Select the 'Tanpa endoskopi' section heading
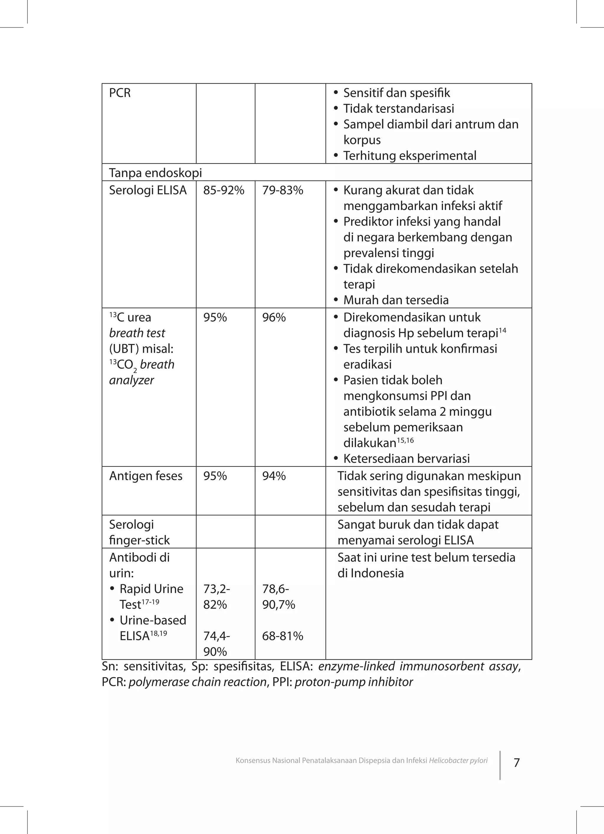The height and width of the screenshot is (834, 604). tap(155, 173)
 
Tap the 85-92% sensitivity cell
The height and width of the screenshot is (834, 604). tap(224, 191)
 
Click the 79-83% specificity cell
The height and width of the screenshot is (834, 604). tap(283, 191)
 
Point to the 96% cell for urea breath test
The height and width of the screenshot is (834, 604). tap(274, 317)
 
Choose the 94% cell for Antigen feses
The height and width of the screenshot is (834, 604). tap(274, 476)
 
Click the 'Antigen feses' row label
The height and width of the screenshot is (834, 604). tap(146, 476)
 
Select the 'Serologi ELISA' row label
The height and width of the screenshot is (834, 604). tap(148, 191)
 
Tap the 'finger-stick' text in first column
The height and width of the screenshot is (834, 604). tap(139, 540)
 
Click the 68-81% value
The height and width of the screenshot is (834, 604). tap(283, 636)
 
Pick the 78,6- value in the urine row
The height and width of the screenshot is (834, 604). tap(275, 589)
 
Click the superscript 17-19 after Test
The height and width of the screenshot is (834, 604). tap(150, 602)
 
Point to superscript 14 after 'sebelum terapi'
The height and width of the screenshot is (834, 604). tap(502, 331)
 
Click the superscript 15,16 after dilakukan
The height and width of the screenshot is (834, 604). tap(405, 440)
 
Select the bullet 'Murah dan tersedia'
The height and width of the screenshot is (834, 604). tap(396, 300)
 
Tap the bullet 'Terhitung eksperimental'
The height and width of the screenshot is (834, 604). tap(409, 156)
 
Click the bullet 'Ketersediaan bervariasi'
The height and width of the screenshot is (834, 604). tap(406, 459)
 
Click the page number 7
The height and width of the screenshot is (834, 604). tap(516, 763)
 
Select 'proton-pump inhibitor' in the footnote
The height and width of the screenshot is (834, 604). tap(354, 682)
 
